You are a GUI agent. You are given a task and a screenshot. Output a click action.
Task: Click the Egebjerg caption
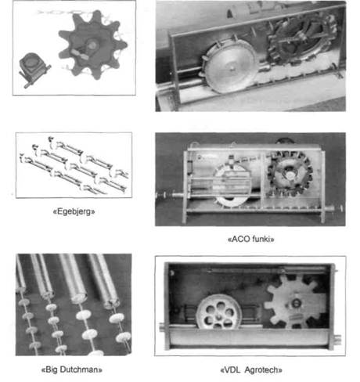coord(74,211)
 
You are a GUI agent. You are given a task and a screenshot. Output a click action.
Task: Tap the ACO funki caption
coord(251,239)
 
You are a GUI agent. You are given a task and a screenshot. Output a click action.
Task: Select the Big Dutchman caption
coord(72,369)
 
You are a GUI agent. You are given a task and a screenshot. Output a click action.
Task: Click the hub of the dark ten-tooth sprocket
coord(91,45)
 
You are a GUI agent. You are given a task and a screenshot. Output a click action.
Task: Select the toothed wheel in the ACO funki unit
coord(290,174)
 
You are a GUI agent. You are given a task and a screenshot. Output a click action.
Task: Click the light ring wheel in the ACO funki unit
coord(232,185)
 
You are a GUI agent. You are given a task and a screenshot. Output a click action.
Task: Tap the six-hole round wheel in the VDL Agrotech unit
coord(218,312)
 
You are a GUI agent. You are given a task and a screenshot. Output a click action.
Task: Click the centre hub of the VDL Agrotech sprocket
coord(296,303)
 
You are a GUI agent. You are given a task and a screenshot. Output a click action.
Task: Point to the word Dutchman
coord(81,369)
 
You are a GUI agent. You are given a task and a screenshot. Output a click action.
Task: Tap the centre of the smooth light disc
coord(232,68)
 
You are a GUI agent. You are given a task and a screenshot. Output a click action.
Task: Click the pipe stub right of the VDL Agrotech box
coord(337,338)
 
